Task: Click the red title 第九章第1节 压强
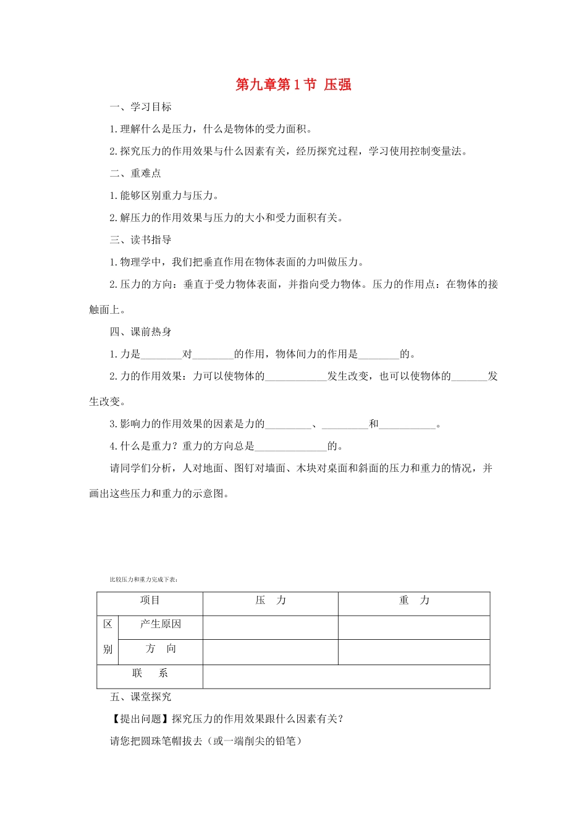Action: click(293, 85)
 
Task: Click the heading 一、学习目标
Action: click(141, 107)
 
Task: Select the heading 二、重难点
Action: click(135, 174)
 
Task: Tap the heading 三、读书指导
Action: click(141, 240)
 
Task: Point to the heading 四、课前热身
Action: click(141, 332)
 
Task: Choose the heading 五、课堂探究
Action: click(141, 697)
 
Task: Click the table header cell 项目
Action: click(150, 600)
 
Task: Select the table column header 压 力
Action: click(271, 600)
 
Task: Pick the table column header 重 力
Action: click(414, 600)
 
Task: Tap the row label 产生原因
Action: click(161, 624)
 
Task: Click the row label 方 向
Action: click(161, 648)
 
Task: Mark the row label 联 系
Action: click(150, 673)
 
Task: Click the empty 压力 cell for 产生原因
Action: click(271, 627)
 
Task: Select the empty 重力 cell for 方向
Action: click(414, 652)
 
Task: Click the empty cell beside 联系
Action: click(346, 676)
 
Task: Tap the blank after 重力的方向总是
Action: click(290, 446)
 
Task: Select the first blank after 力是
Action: click(161, 354)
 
